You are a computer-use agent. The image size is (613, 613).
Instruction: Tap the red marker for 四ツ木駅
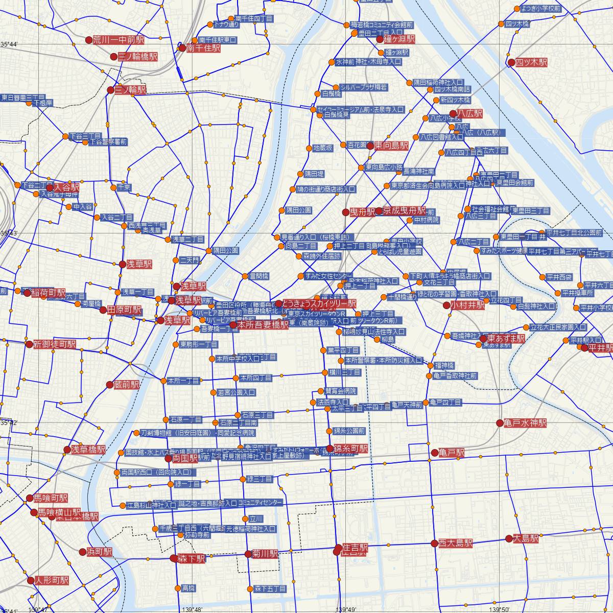pos(511,62)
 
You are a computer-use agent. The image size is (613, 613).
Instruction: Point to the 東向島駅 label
pos(391,146)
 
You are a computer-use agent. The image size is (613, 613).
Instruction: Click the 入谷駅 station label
pos(66,187)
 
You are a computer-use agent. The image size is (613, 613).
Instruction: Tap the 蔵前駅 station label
pos(127,385)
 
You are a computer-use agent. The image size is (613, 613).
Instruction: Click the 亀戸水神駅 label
pos(525,423)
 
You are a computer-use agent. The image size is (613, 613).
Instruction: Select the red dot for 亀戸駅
pos(435,453)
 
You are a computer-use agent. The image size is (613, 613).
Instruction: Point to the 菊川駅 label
pos(265,554)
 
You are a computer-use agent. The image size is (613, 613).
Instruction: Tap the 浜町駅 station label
pos(100,552)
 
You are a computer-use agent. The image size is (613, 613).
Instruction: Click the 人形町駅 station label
pos(51,580)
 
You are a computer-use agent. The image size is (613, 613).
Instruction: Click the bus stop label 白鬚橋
pos(332,93)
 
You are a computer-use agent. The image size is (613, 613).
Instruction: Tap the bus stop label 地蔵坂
pos(323,148)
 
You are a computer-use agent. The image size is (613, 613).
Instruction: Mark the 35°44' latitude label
pos(9,45)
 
